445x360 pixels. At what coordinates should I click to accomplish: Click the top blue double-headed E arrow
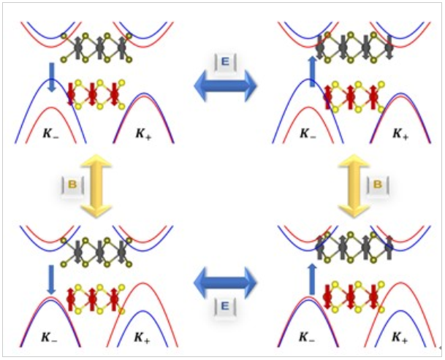click(x=225, y=88)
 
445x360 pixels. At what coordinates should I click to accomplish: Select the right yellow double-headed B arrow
click(x=356, y=185)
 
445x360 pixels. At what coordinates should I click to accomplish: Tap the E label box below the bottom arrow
click(x=225, y=307)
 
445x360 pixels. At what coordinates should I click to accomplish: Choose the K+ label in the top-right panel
click(x=399, y=134)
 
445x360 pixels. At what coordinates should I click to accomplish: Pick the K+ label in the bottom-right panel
click(x=399, y=337)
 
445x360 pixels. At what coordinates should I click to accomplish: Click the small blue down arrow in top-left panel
click(x=52, y=77)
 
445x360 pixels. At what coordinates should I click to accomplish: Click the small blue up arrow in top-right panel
click(x=312, y=72)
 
